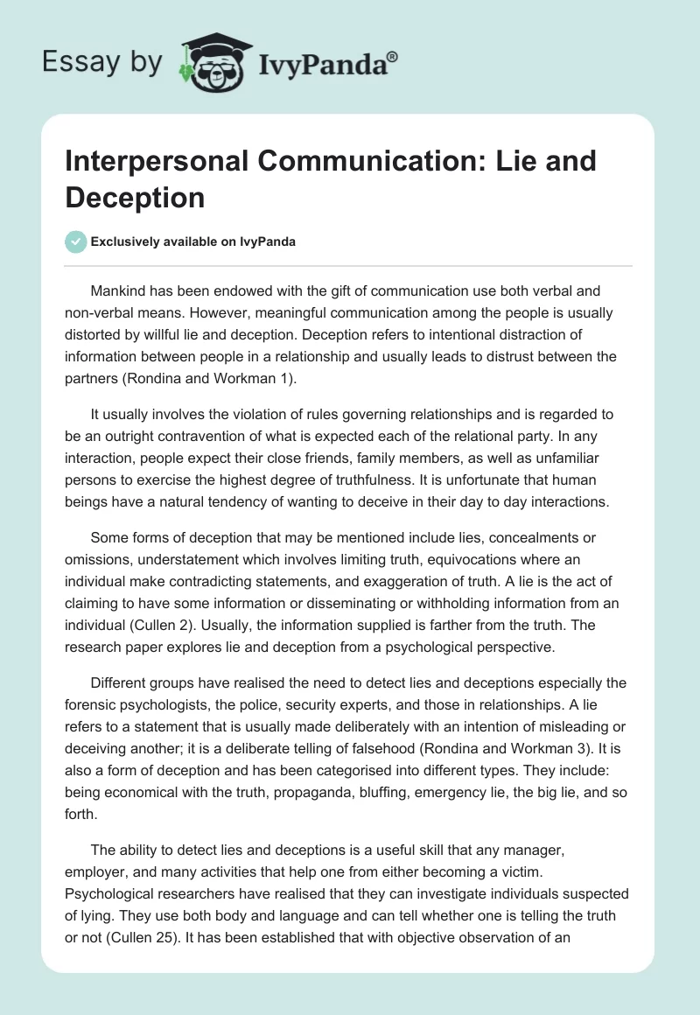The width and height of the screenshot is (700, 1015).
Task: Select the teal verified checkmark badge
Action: (x=75, y=241)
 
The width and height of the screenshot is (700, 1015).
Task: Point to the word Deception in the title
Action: (x=135, y=197)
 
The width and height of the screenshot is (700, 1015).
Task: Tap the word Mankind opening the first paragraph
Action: (x=118, y=290)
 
